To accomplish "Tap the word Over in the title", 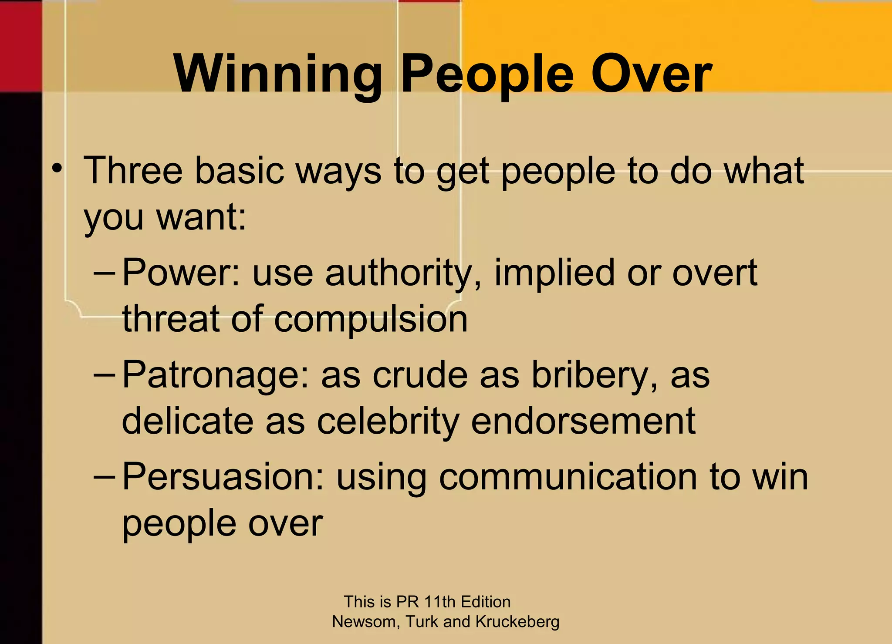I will [652, 74].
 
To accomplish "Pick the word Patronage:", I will [216, 375].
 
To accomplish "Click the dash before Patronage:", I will [105, 375].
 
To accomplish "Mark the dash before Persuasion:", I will [105, 477].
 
